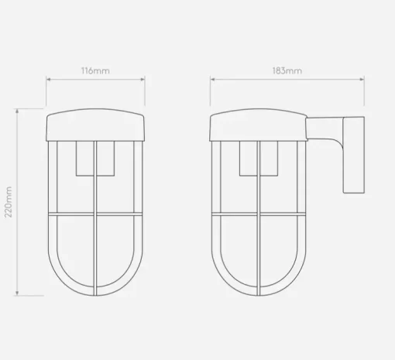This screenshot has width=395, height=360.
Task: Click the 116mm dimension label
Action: (95, 70)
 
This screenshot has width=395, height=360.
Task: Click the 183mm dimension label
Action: (287, 70)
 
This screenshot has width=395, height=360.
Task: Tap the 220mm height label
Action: (9, 202)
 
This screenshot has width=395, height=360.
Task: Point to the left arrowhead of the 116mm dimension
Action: (48, 79)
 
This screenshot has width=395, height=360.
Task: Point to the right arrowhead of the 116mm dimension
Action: (143, 79)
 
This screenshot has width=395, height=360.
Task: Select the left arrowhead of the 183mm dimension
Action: (212, 79)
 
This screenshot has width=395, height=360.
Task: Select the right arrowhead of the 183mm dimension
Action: (362, 79)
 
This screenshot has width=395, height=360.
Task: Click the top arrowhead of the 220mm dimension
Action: (17, 111)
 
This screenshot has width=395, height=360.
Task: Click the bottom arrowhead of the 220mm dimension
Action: (17, 293)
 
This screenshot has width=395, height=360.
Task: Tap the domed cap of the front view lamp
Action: (95, 125)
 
